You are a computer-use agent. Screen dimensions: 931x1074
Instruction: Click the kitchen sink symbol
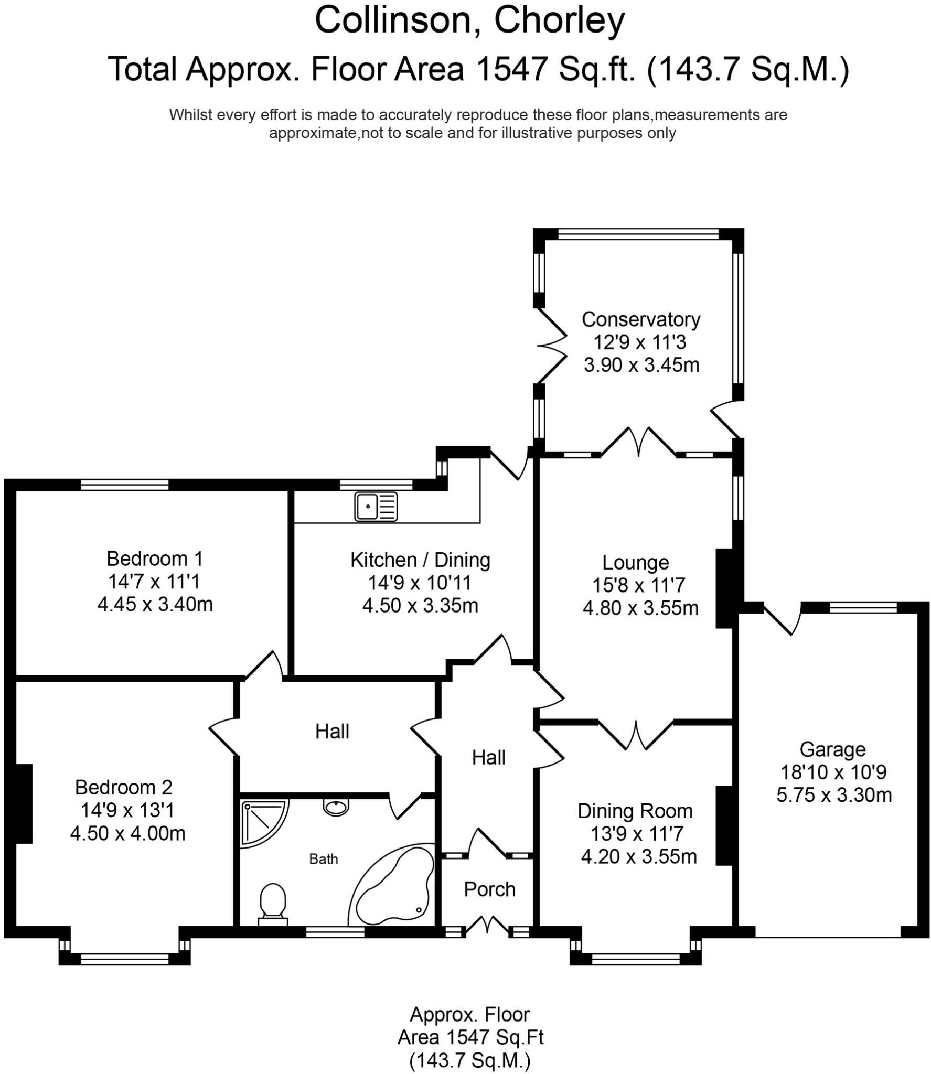376,506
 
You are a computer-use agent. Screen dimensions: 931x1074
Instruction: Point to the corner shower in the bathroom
261,821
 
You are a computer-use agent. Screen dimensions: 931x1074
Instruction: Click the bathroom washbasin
336,807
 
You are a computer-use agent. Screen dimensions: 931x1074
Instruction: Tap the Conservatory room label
641,319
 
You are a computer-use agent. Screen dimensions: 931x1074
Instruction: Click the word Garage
832,749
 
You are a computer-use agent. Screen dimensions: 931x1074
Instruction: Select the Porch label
489,889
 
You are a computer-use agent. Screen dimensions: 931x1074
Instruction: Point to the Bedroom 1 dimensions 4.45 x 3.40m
155,605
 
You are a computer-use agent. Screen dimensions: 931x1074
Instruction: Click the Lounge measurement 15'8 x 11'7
639,585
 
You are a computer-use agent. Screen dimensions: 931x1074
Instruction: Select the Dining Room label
635,811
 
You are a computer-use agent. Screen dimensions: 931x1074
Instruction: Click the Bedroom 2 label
124,787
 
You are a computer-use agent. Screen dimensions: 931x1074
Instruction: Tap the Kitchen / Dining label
420,560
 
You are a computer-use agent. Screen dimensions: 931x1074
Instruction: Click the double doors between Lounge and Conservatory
638,443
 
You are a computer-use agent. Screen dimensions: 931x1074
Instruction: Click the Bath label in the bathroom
324,859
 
